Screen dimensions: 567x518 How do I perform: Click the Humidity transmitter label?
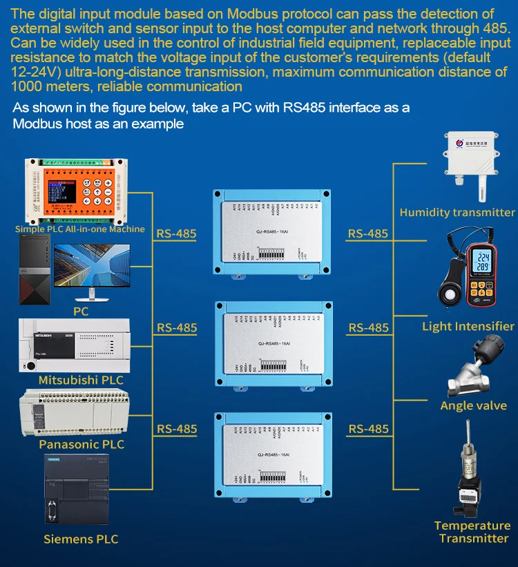pyautogui.click(x=457, y=213)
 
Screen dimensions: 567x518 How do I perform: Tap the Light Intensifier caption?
pyautogui.click(x=468, y=326)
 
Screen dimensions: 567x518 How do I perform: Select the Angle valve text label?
pyautogui.click(x=473, y=405)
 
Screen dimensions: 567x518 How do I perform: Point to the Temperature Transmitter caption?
pyautogui.click(x=472, y=532)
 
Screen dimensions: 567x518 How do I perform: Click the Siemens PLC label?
pyautogui.click(x=81, y=539)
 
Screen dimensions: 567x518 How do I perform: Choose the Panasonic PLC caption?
pyautogui.click(x=81, y=444)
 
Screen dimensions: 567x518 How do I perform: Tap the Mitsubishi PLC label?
pyautogui.click(x=81, y=380)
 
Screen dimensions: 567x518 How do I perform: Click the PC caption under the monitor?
pyautogui.click(x=81, y=311)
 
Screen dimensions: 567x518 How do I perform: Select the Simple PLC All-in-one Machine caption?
pyautogui.click(x=80, y=229)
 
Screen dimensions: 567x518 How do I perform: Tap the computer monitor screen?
pyautogui.click(x=92, y=267)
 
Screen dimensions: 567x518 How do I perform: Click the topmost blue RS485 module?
pyautogui.click(x=274, y=231)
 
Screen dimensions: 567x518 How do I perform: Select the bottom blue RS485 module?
pyautogui.click(x=274, y=454)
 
